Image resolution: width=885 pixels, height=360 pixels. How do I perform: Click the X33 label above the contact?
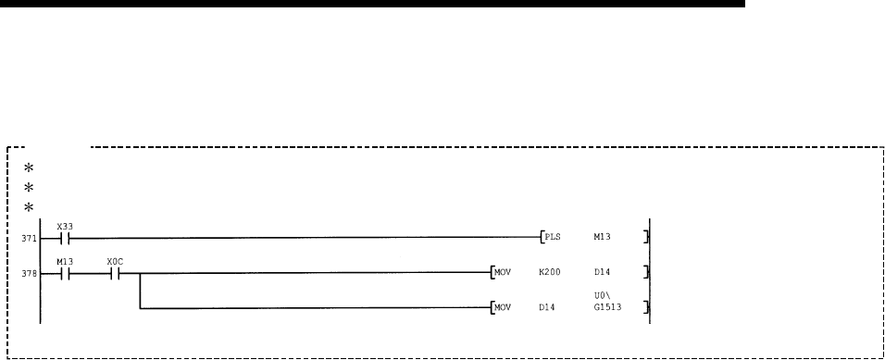coord(65,227)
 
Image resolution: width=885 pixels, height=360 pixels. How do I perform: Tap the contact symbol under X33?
coord(65,239)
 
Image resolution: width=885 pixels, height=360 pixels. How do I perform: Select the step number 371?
coord(29,239)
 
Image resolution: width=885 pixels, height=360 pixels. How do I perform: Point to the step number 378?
coord(29,274)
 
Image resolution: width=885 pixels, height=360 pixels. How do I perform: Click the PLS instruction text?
coord(553,237)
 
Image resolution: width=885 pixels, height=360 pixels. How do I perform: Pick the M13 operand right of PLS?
coord(602,237)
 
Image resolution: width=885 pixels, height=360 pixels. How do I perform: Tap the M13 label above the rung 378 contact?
coord(65,262)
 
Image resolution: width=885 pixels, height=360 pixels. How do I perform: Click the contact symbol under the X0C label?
coord(115,274)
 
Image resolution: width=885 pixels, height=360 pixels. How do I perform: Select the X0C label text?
coord(115,262)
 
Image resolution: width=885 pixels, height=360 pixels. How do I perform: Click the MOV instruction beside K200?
coord(503,272)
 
